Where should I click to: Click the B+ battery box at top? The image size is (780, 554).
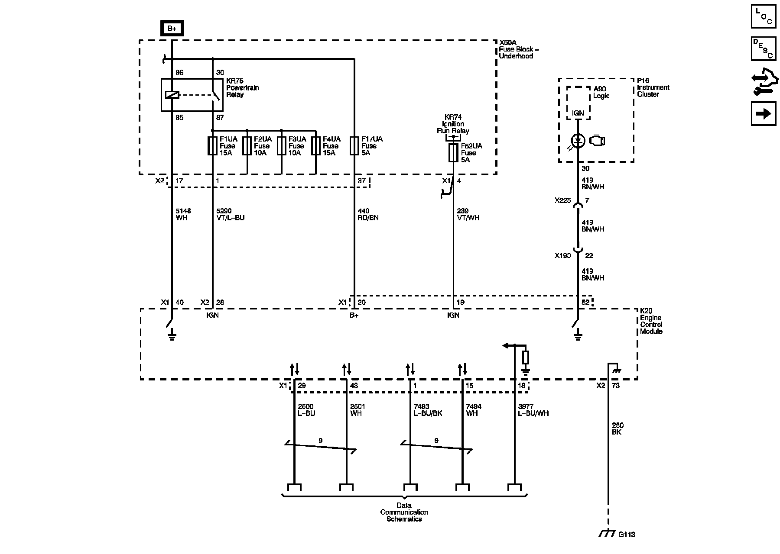pyautogui.click(x=172, y=29)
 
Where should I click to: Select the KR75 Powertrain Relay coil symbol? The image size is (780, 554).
pyautogui.click(x=172, y=95)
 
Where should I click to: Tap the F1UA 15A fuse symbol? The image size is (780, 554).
pyautogui.click(x=212, y=146)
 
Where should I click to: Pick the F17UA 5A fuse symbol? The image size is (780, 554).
pyautogui.click(x=354, y=146)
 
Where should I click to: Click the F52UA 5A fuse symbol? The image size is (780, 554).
pyautogui.click(x=453, y=153)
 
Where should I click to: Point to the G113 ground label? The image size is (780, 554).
pyautogui.click(x=626, y=535)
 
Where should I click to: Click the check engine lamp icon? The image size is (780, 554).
pyautogui.click(x=597, y=141)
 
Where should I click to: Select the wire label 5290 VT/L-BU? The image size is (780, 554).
pyautogui.click(x=230, y=214)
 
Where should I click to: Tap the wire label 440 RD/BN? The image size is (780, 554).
pyautogui.click(x=368, y=214)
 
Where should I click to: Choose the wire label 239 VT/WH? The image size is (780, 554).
pyautogui.click(x=468, y=214)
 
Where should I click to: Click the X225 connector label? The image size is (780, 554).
pyautogui.click(x=563, y=201)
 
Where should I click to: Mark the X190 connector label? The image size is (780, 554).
pyautogui.click(x=563, y=256)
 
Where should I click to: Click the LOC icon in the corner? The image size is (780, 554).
pyautogui.click(x=764, y=16)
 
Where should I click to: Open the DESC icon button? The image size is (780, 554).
pyautogui.click(x=764, y=48)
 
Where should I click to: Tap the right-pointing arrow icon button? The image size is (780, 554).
pyautogui.click(x=764, y=113)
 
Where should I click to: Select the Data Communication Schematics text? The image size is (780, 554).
pyautogui.click(x=404, y=512)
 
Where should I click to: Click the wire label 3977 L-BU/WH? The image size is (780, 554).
pyautogui.click(x=533, y=410)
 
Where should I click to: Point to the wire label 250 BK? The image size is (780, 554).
pyautogui.click(x=617, y=428)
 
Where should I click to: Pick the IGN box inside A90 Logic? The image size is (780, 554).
pyautogui.click(x=578, y=113)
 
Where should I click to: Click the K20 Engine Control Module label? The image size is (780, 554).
pyautogui.click(x=651, y=321)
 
